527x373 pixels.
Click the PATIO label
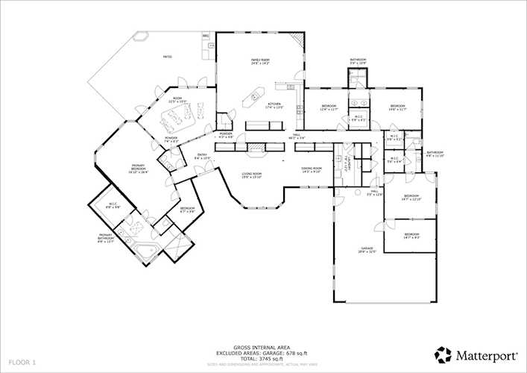click(x=168, y=57)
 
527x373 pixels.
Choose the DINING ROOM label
click(x=311, y=170)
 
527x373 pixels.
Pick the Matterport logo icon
click(x=444, y=354)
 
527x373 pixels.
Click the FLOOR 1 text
click(x=24, y=361)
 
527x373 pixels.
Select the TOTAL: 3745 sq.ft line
click(x=263, y=358)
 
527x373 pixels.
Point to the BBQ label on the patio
click(x=206, y=35)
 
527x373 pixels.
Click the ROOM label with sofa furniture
click(x=177, y=99)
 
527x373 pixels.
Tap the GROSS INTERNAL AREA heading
click(x=263, y=348)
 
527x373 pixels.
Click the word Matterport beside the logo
click(x=484, y=354)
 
